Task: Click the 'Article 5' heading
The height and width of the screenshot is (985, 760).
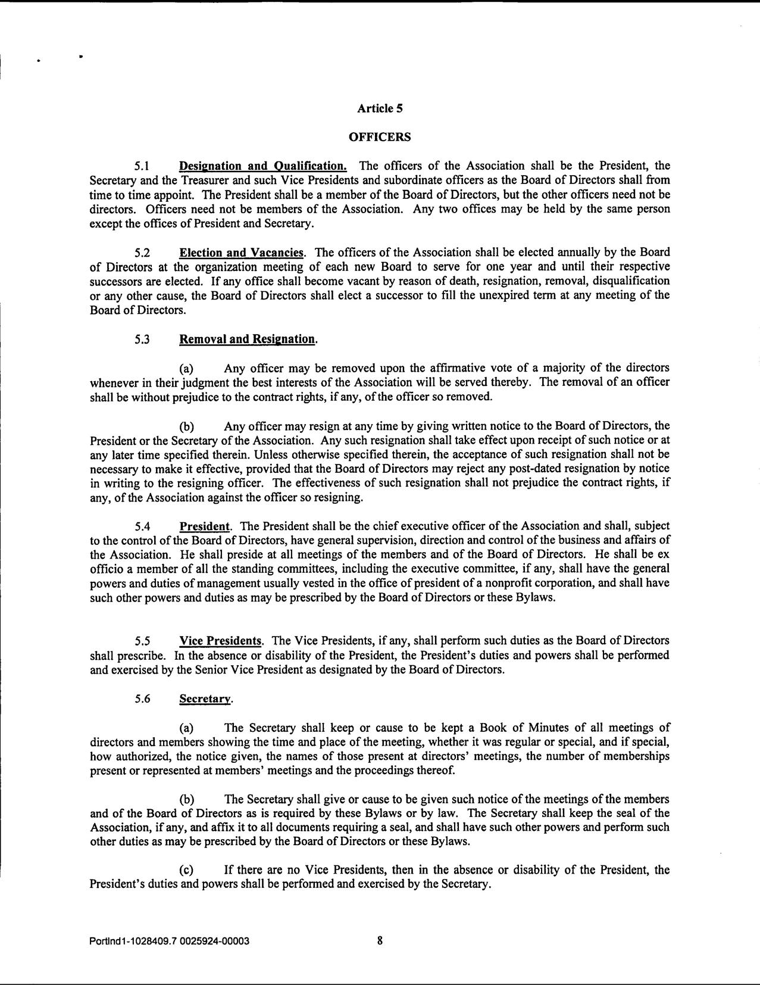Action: pyautogui.click(x=380, y=108)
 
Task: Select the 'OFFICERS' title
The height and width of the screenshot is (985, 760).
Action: pyautogui.click(x=380, y=137)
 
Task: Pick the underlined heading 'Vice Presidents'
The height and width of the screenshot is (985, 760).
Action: pyautogui.click(x=221, y=641)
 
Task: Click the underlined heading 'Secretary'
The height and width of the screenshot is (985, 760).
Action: pyautogui.click(x=205, y=699)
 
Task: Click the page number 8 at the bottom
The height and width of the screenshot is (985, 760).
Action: pyautogui.click(x=380, y=941)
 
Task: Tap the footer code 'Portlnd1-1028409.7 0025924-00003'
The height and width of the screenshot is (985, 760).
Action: pyautogui.click(x=169, y=942)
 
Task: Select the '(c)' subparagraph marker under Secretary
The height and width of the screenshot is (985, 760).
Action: pyautogui.click(x=186, y=870)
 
